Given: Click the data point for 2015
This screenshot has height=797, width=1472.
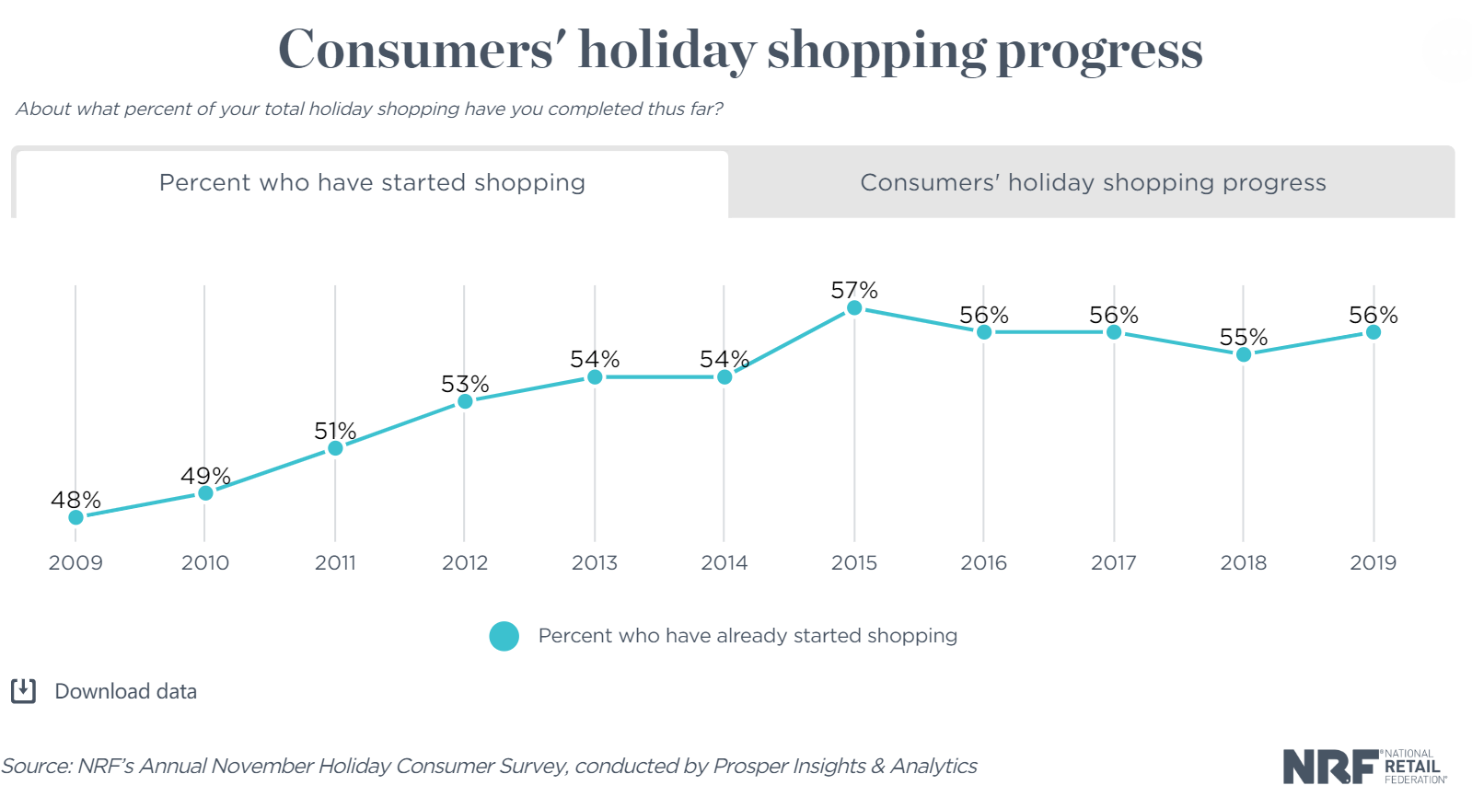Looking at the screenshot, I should tap(854, 308).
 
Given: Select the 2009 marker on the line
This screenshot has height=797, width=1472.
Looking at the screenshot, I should tap(76, 517).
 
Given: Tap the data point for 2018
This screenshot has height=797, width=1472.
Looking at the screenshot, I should tap(1244, 354).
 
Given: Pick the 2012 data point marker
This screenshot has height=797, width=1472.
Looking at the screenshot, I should tap(465, 401).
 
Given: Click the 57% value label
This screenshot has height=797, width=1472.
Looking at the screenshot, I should tap(854, 291).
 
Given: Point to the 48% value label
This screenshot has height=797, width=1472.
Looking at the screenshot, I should tap(75, 500).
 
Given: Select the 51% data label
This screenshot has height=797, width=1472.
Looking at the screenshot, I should tap(335, 431).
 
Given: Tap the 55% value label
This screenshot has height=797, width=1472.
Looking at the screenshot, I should tap(1244, 338).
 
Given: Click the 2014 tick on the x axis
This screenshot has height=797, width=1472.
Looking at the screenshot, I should tap(724, 562).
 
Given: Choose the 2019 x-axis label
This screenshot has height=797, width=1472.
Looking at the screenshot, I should tap(1373, 562).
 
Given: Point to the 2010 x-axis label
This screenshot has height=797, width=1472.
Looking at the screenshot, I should tap(205, 562).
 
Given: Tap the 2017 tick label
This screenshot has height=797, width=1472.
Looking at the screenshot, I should tap(1114, 562).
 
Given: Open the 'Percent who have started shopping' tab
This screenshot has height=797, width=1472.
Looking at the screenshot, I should tap(372, 183).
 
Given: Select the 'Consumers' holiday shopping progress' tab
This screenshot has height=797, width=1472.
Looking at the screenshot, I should tap(1093, 183).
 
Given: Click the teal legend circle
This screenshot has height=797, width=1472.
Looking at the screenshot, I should tap(504, 636).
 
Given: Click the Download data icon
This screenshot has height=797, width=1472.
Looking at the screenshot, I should tap(23, 691).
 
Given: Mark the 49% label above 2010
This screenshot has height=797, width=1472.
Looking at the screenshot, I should tap(205, 476).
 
